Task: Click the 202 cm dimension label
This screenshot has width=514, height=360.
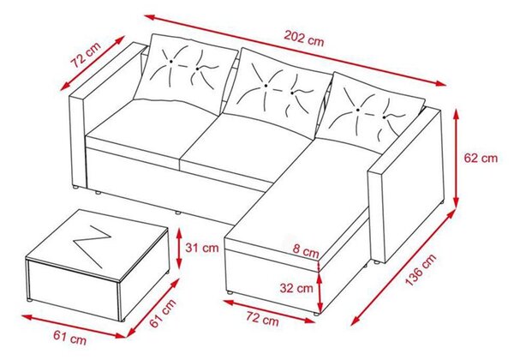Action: coord(303,39)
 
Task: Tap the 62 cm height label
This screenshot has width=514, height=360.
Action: coord(481,158)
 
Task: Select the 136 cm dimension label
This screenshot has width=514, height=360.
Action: coord(421,269)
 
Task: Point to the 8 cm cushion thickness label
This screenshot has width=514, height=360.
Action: coord(306,251)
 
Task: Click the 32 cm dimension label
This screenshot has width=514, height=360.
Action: coord(296,289)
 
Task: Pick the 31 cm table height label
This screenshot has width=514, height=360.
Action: coord(202,248)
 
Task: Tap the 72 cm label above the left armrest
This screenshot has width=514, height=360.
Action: coord(87,54)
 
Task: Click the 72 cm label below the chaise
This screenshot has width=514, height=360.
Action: coord(262,318)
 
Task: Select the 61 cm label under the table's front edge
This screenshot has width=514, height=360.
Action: coord(70,338)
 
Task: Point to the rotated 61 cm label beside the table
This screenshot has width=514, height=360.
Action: coord(163,313)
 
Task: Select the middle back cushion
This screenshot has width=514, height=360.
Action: coord(278,93)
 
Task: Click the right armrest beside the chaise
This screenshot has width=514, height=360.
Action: coord(405,186)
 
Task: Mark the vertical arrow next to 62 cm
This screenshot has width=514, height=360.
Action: coord(456,158)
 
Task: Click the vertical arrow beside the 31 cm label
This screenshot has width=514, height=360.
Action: coord(179,248)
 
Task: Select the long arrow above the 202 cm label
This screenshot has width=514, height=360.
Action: coord(295,50)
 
